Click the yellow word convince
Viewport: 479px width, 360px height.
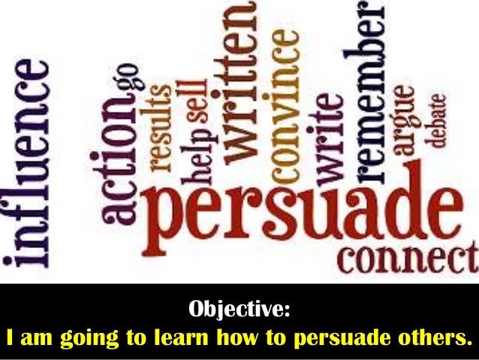point(285,104)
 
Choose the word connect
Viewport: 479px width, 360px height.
point(407,259)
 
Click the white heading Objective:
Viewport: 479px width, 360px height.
point(238,309)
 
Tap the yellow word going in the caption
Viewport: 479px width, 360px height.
point(77,337)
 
